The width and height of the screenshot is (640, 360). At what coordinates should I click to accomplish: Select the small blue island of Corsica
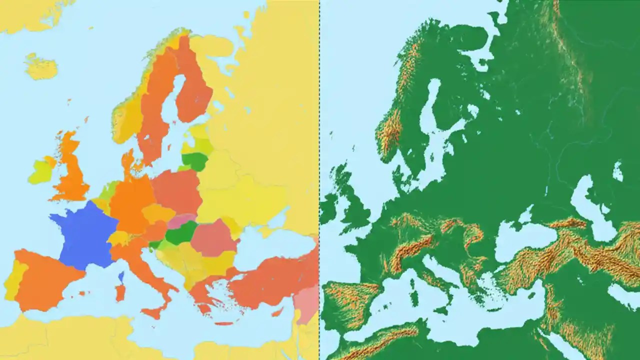pos(121,276)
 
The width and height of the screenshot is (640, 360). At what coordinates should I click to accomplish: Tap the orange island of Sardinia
pos(120,293)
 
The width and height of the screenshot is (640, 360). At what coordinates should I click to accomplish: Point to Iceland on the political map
pos(41,67)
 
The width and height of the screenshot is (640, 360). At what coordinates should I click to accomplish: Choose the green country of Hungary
pos(181,233)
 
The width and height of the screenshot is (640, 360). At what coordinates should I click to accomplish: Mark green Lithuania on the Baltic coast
pos(195,161)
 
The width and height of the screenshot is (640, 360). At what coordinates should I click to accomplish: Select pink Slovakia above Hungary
pos(181,220)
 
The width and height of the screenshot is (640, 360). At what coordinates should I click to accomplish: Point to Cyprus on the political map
pos(278,312)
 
